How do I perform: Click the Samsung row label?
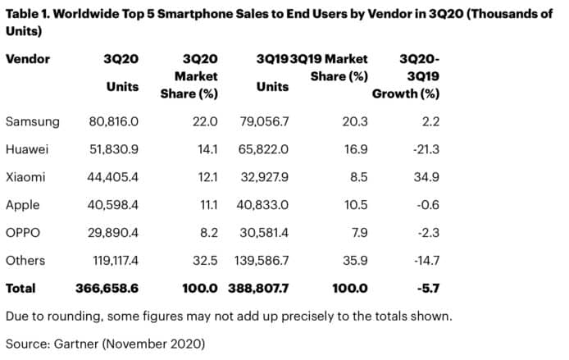(33, 121)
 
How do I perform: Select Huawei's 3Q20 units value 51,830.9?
(114, 149)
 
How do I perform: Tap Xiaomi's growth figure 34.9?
(426, 177)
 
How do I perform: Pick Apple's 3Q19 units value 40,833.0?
(262, 205)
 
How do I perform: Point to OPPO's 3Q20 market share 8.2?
(209, 233)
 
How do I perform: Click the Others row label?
(25, 261)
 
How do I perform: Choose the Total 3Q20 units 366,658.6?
(107, 288)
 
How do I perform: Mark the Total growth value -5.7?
(428, 288)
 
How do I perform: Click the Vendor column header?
(28, 59)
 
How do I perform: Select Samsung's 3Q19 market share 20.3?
(355, 121)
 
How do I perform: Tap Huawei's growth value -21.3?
(426, 149)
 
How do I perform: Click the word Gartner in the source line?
(76, 344)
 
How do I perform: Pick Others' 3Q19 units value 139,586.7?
(262, 261)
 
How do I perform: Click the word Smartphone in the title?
(195, 14)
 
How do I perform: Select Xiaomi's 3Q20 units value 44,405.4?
(112, 177)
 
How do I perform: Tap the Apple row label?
(22, 205)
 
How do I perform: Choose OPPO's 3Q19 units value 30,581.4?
(264, 233)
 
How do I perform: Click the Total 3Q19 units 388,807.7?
(258, 288)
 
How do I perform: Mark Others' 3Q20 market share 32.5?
(205, 261)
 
